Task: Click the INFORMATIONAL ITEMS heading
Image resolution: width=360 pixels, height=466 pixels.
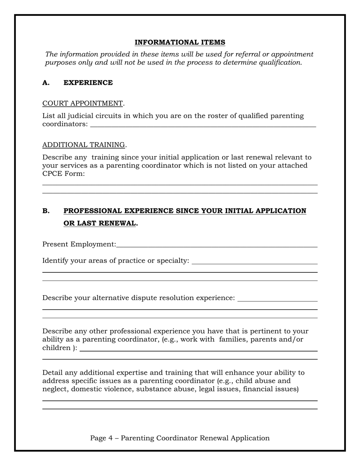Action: (180, 42)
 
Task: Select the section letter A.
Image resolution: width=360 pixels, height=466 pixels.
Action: (45, 83)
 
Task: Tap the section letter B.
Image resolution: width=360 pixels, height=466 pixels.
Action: (45, 211)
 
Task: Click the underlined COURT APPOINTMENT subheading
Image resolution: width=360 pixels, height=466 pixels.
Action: (83, 103)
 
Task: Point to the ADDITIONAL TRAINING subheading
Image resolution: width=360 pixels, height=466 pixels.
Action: (83, 145)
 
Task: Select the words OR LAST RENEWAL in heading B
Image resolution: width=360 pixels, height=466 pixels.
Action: (99, 223)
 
